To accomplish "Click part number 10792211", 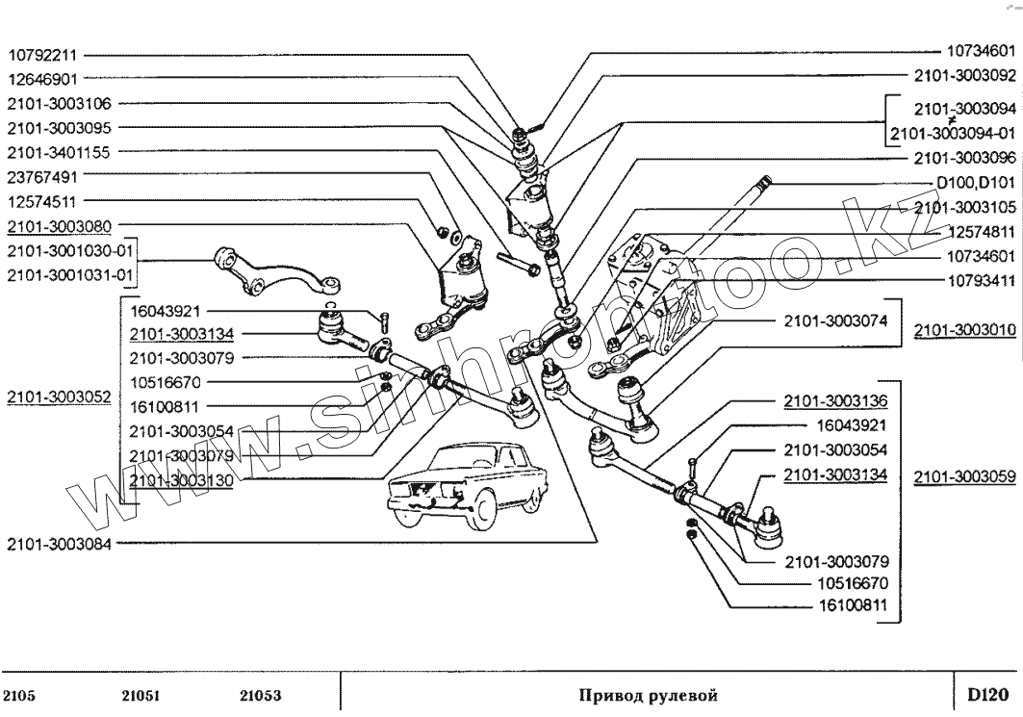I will (47, 54).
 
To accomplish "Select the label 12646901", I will (47, 79).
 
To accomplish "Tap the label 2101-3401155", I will (61, 152).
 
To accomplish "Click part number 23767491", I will (47, 177).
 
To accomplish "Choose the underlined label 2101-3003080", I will (61, 227).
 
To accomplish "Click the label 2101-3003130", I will (183, 479).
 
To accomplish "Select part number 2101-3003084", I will (61, 544).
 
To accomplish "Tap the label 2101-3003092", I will (963, 75).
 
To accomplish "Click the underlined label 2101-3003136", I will (835, 399).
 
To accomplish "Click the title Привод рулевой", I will (648, 695).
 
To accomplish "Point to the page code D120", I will (987, 694).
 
